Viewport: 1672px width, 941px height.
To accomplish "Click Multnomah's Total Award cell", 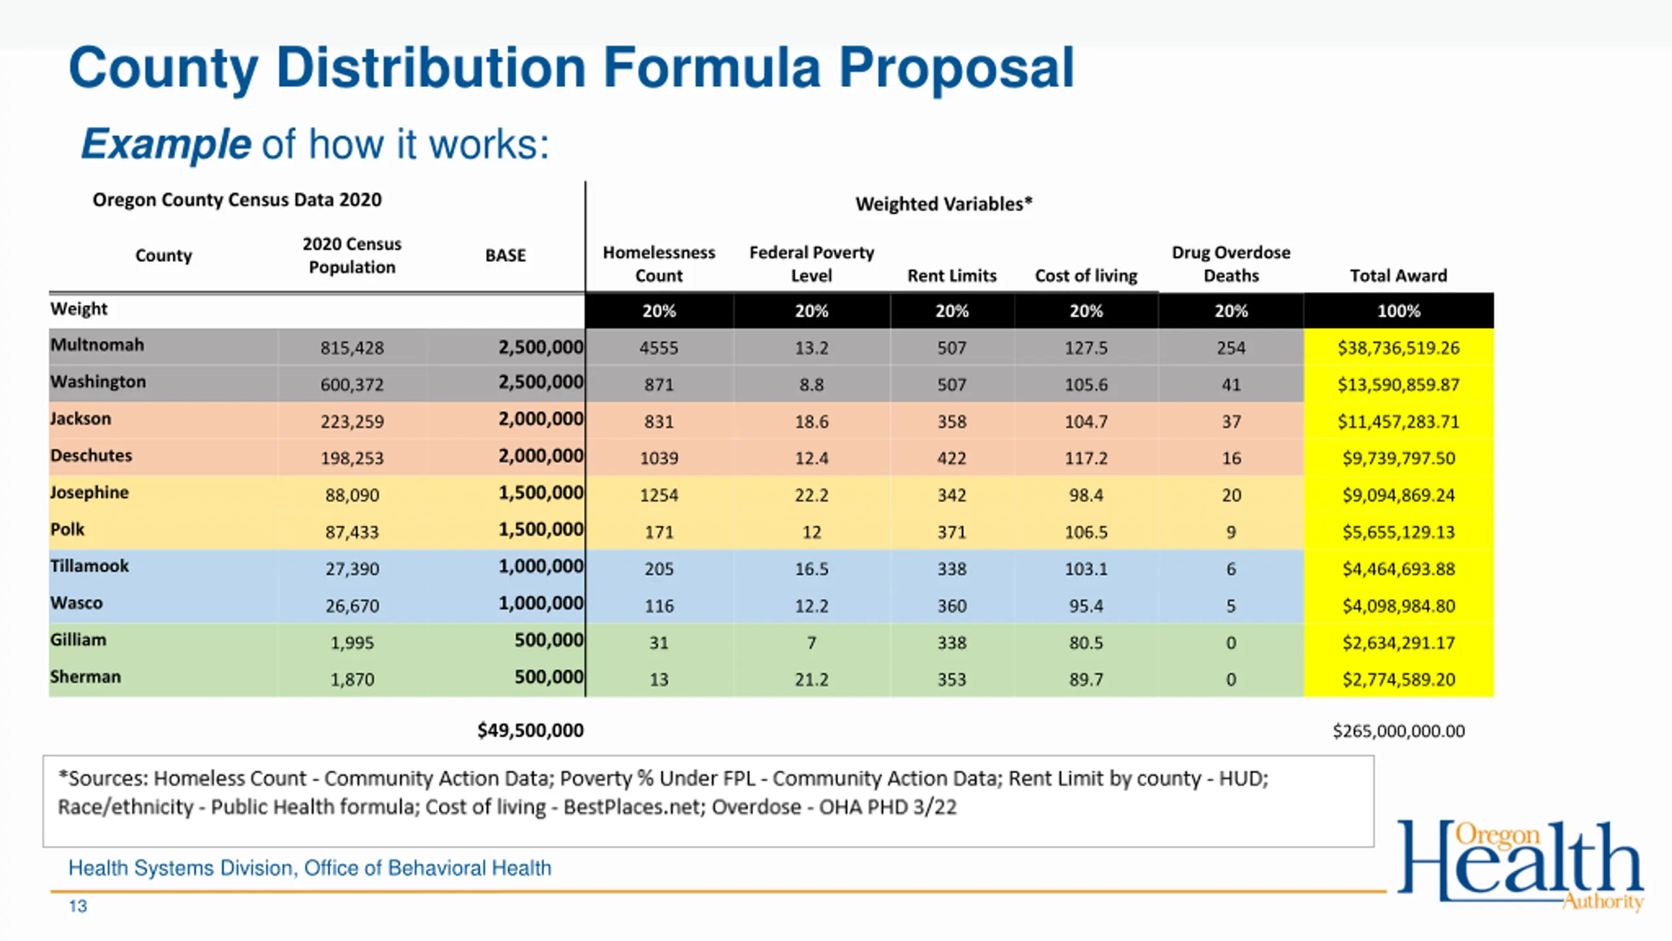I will click(x=1398, y=348).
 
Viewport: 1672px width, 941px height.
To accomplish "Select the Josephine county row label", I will click(x=89, y=492).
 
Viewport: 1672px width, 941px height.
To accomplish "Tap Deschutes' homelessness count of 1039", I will click(x=659, y=458).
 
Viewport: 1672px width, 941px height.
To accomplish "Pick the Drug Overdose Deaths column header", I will click(x=1231, y=264).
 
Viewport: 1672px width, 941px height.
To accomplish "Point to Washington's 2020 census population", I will click(x=352, y=384).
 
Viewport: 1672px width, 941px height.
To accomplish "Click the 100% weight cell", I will click(x=1398, y=311).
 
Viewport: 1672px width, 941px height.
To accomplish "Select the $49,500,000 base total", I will click(x=530, y=730).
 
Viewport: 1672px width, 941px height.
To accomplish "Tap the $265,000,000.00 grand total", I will click(x=1398, y=731).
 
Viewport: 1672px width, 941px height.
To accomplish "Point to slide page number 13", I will click(x=78, y=906).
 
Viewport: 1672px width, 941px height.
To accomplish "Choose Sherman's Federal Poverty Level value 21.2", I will click(x=811, y=680).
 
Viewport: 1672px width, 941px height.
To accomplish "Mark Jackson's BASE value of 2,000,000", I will click(x=541, y=419).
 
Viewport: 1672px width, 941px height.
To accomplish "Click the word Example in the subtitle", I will click(x=166, y=144).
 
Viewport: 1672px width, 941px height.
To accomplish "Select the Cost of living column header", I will click(x=1086, y=276).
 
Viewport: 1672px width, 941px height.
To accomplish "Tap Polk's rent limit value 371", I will click(x=952, y=532).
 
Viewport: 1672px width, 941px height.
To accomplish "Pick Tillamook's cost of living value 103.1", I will click(x=1086, y=569).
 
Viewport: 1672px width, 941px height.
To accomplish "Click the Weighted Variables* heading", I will click(x=944, y=204).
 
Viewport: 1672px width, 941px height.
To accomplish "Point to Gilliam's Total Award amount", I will click(x=1398, y=643).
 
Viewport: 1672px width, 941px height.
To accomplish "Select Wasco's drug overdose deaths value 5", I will click(x=1231, y=606).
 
